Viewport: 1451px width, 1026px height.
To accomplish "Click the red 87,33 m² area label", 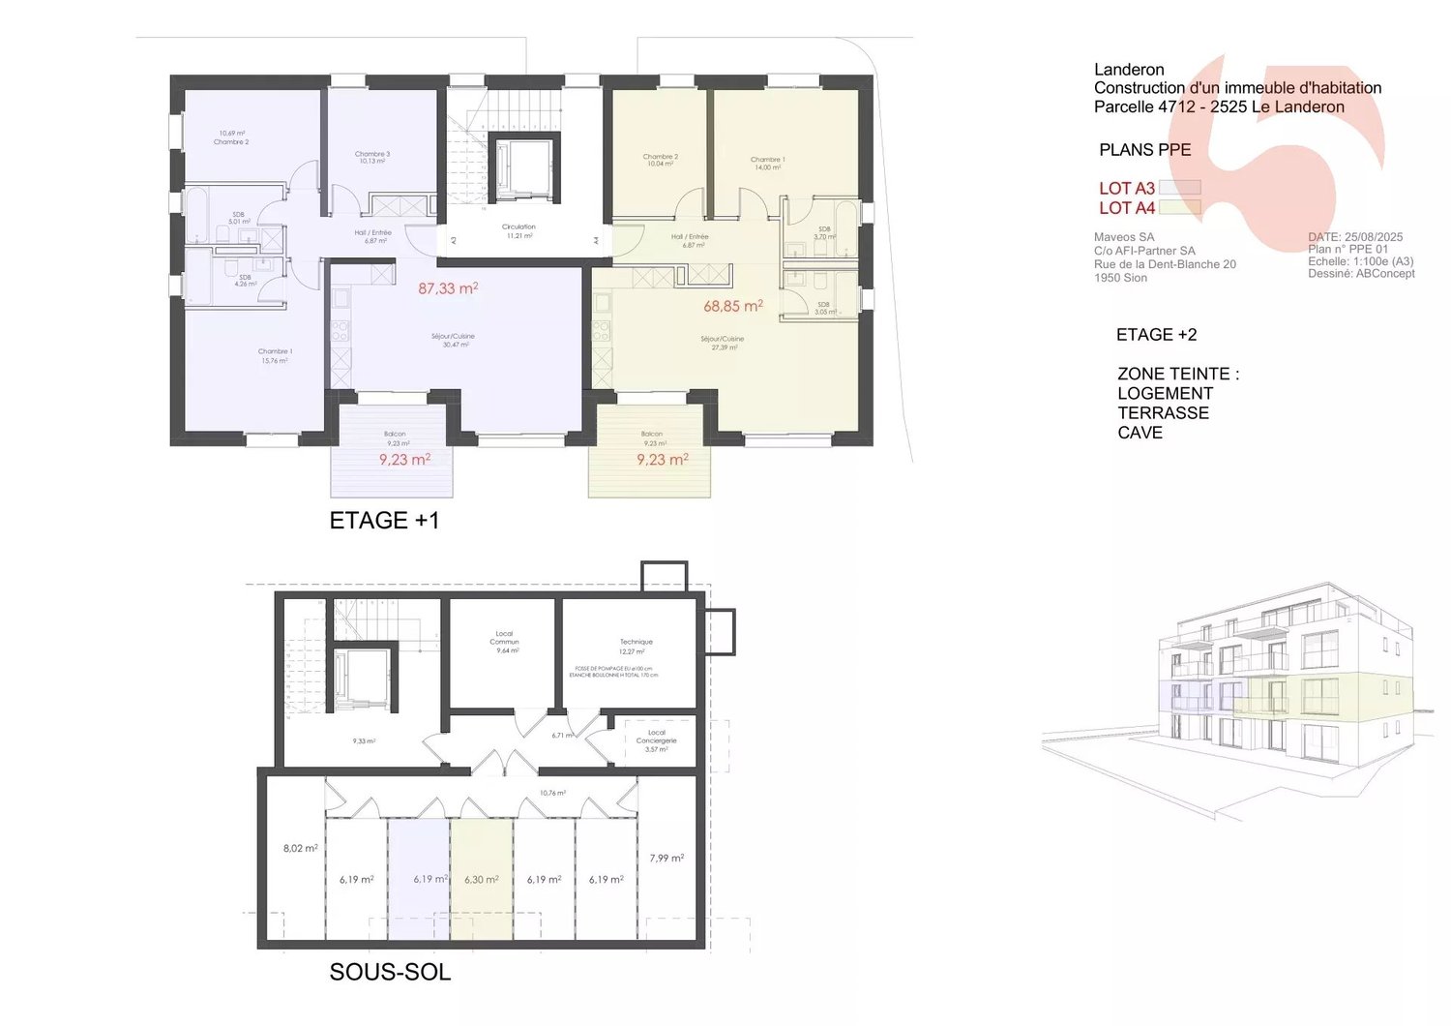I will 448,288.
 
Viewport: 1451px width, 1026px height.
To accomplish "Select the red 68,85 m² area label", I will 733,306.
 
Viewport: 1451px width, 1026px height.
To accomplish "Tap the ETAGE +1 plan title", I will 384,521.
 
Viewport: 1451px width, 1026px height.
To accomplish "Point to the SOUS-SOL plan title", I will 390,972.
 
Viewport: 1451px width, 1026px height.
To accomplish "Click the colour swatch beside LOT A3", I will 1179,188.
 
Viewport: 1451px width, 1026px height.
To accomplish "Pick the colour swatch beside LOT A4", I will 1179,207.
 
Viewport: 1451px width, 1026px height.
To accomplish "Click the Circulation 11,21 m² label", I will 519,230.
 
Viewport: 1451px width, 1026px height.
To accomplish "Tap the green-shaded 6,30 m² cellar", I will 482,880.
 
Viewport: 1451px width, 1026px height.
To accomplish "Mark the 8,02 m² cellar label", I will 300,848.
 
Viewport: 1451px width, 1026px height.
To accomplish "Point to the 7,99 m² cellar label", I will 666,858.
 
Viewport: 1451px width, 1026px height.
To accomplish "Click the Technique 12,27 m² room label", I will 636,647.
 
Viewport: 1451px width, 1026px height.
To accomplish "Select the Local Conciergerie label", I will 656,740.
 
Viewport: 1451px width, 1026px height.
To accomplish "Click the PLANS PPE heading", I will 1144,150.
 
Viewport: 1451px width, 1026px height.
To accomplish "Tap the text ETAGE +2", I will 1156,335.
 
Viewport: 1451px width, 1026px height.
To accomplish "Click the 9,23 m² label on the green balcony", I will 663,460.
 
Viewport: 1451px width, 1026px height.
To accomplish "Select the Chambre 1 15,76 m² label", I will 275,356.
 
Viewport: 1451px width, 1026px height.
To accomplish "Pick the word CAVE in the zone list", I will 1140,433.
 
